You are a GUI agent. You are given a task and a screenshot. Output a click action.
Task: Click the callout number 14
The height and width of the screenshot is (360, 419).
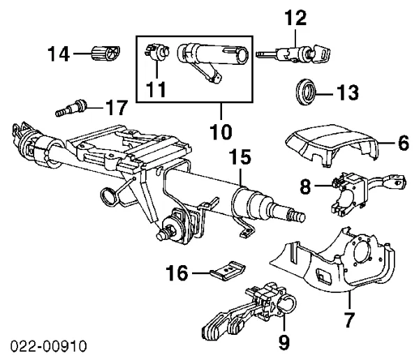click(x=61, y=52)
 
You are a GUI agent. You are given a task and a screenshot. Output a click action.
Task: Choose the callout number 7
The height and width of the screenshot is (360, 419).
click(x=348, y=320)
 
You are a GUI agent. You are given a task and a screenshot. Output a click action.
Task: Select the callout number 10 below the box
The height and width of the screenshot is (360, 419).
click(x=221, y=130)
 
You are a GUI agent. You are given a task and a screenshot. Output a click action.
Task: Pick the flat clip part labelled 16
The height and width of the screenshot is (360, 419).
click(x=228, y=270)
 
